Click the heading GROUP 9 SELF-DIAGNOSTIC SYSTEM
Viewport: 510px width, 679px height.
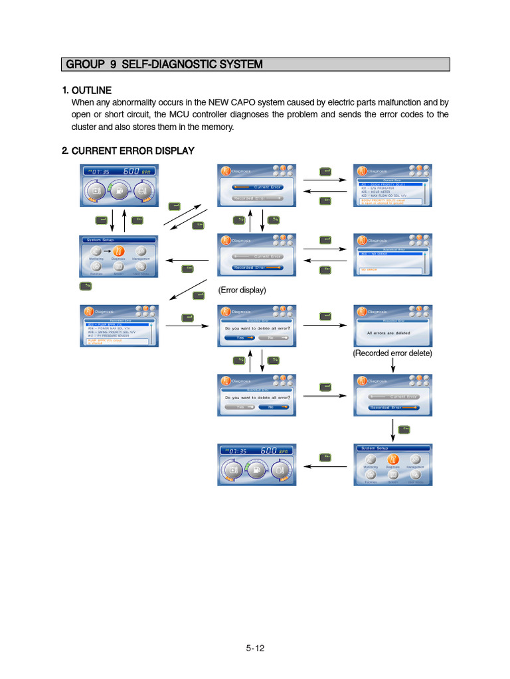163,64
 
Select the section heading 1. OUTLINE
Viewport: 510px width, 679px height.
86,90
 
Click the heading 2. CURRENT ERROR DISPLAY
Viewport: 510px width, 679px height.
127,151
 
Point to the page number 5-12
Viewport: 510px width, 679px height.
255,648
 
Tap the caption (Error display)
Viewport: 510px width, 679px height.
242,290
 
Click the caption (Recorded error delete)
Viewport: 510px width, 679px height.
392,353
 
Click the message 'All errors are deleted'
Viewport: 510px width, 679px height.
388,333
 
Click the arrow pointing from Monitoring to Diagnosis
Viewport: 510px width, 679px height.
107,251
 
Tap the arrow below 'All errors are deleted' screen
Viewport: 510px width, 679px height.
392,364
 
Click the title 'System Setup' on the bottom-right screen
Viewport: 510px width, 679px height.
374,448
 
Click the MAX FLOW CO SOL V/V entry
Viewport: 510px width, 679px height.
383,196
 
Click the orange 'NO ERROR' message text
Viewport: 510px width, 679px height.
367,270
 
